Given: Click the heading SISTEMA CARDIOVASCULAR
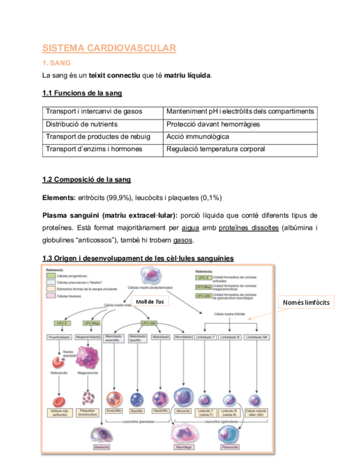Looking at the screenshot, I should tap(109, 48).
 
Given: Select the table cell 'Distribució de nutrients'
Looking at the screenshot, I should tap(81, 124).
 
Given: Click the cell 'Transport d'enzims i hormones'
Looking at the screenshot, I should tap(94, 149).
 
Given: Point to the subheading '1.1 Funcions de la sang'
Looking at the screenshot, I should tap(82, 93).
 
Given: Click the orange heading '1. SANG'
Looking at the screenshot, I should tap(56, 63).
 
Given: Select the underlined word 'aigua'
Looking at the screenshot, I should tap(190, 228).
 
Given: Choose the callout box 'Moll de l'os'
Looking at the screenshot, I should tap(149, 301).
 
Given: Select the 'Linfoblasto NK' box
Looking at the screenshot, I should tap(257, 336).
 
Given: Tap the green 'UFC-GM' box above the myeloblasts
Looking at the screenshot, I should tap(150, 323).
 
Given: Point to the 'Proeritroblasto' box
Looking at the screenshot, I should tap(58, 336).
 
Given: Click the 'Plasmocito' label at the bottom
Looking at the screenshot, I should tap(230, 447).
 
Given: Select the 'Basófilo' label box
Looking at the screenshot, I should tap(137, 410).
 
